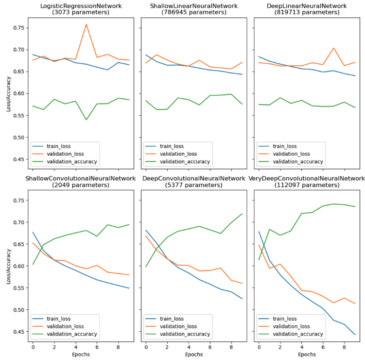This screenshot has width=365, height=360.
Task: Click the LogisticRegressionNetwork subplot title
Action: [x=81, y=6]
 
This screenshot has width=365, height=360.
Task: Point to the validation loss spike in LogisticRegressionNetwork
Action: [x=86, y=24]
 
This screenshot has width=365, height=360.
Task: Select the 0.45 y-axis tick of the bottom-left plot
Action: [x=20, y=332]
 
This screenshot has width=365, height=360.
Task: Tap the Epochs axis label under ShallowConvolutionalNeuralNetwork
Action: [x=81, y=355]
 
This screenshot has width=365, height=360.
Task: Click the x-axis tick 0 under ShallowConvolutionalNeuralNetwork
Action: [x=33, y=348]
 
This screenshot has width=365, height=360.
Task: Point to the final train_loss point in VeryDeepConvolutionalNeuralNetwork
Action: [x=355, y=335]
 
